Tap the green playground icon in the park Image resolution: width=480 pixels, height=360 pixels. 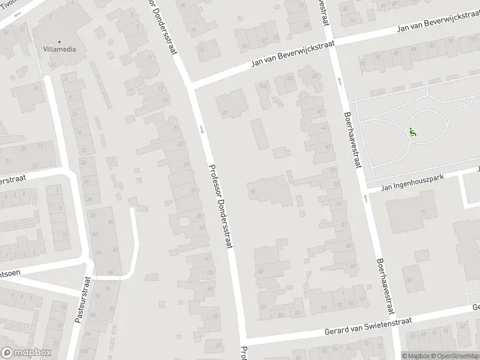coord(413,132)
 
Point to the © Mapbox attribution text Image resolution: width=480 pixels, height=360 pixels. coord(414,355)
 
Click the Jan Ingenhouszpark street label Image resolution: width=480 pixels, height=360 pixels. coord(410,182)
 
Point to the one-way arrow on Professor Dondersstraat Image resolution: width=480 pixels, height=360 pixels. coord(202,128)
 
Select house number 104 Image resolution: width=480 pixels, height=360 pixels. coord(262,86)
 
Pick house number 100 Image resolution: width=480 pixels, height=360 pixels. coord(290,79)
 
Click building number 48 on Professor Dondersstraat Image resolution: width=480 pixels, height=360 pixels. coord(253,191)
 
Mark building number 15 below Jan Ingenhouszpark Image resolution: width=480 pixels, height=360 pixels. coord(424,211)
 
